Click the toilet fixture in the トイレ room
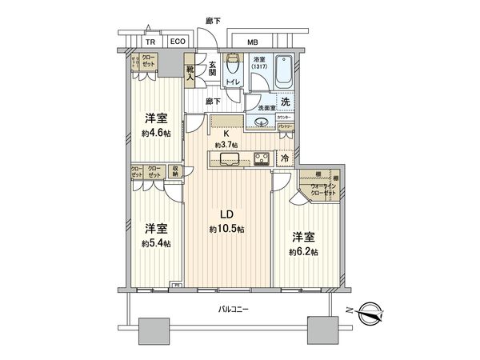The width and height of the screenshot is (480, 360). point(232,65)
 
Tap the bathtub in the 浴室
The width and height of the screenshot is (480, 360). point(283,74)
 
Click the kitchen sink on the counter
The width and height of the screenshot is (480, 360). point(226,157)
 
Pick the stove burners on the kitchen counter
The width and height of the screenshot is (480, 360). point(261,156)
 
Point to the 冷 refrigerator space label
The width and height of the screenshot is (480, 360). point(285,158)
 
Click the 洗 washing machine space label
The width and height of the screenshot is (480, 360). point(285,102)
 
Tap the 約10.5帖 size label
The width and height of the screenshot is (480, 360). point(226,229)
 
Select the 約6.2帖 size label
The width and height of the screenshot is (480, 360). point(304,251)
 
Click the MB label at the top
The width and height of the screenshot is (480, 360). point(252,42)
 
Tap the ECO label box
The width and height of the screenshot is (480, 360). point(178,43)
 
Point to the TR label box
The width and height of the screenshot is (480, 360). point(150,43)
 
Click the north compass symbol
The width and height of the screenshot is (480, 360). point(373,311)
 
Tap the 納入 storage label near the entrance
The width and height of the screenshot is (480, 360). point(190,73)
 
